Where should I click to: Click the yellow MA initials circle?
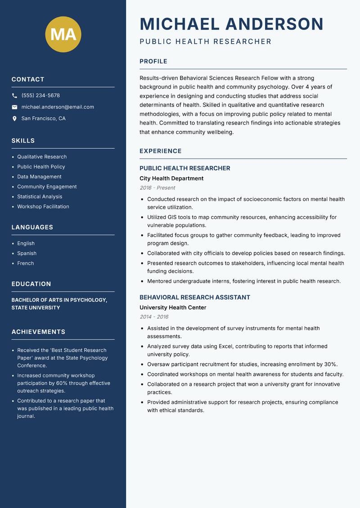click(x=63, y=35)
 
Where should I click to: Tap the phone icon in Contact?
click(x=14, y=96)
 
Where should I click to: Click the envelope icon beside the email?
click(x=14, y=107)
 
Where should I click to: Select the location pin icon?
click(x=14, y=119)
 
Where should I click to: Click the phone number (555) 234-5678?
click(x=40, y=96)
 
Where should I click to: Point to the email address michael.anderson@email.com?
click(x=58, y=107)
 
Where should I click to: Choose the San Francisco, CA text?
click(x=43, y=119)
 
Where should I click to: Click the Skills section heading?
click(x=23, y=141)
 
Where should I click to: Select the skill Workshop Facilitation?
click(x=43, y=207)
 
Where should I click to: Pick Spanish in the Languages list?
click(x=27, y=254)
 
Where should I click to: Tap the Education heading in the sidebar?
click(x=31, y=284)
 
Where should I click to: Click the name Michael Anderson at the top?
click(x=232, y=24)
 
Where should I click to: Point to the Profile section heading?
click(x=153, y=62)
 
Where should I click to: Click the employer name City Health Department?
click(x=171, y=178)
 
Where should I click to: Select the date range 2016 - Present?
click(x=157, y=188)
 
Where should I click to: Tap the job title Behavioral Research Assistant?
click(x=195, y=298)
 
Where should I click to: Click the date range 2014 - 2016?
click(x=154, y=317)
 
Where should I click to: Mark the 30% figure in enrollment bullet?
click(x=330, y=365)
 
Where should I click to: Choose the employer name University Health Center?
click(x=173, y=308)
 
